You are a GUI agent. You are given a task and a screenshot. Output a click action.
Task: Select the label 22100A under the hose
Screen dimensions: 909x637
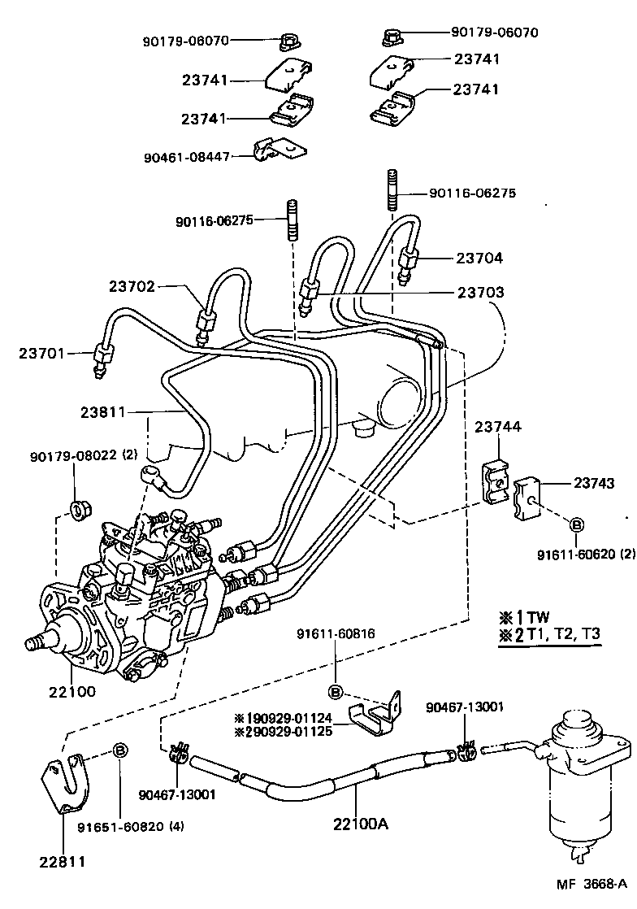pyautogui.click(x=360, y=823)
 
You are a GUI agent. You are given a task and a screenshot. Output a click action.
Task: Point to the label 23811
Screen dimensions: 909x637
pyautogui.click(x=102, y=412)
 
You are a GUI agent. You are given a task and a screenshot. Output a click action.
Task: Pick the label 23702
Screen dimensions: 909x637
pyautogui.click(x=132, y=286)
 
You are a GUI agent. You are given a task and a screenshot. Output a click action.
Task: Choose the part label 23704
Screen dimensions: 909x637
pyautogui.click(x=480, y=259)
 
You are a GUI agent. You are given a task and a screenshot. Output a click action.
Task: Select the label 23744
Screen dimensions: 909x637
pyautogui.click(x=498, y=427)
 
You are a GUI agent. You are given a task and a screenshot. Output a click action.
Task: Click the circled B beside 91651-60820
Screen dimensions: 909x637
pyautogui.click(x=119, y=750)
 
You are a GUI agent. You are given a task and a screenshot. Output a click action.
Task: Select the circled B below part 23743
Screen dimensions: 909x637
pyautogui.click(x=575, y=525)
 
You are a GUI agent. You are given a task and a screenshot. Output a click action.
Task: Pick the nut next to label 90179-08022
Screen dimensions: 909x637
pyautogui.click(x=80, y=511)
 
